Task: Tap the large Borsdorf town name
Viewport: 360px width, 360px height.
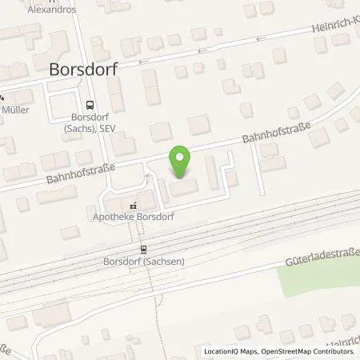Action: coord(84,69)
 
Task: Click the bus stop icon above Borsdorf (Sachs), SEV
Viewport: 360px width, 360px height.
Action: coord(89,103)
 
